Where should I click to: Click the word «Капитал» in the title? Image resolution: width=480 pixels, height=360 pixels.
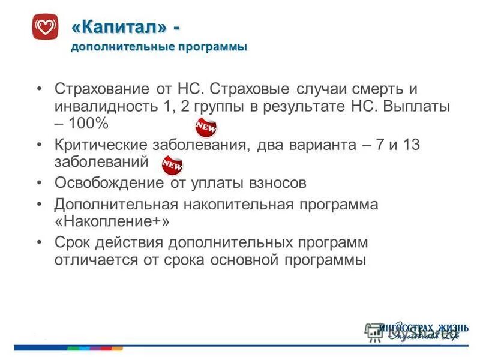pyautogui.click(x=118, y=27)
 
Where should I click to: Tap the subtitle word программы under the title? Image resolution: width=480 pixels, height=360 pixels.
pyautogui.click(x=211, y=47)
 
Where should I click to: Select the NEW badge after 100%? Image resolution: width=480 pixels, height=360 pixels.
pyautogui.click(x=206, y=128)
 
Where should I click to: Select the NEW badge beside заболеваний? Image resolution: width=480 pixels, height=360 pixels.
pyautogui.click(x=172, y=164)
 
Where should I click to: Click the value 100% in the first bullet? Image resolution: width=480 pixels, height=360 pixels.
pyautogui.click(x=88, y=124)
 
